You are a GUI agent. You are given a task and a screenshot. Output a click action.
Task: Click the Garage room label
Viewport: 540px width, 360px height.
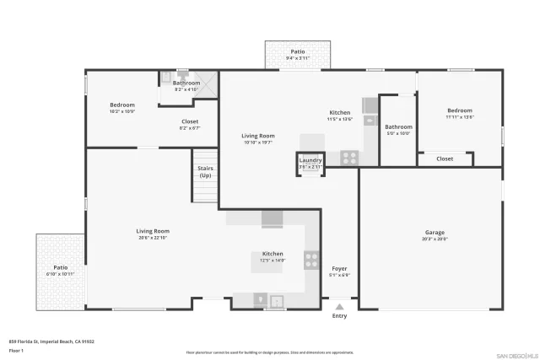[435, 233]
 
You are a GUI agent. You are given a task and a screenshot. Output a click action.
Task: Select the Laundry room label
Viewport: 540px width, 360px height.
[310, 160]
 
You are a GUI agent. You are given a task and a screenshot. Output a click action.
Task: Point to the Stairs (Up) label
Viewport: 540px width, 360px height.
[205, 171]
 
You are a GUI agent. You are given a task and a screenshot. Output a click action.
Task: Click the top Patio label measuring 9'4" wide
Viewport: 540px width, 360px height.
[298, 52]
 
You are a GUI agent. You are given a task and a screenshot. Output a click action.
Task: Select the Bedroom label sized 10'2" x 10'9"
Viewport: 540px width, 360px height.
[121, 105]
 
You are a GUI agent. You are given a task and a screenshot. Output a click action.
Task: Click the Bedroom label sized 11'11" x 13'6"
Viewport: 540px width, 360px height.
[460, 110]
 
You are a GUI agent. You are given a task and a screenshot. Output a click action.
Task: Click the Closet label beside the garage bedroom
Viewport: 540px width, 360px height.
[445, 159]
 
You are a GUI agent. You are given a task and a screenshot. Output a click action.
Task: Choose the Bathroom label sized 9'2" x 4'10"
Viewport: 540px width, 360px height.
[186, 83]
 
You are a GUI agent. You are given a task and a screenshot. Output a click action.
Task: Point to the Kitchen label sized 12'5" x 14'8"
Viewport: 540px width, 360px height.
[273, 254]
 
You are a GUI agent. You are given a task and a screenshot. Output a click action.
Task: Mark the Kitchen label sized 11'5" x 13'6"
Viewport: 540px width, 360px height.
[339, 113]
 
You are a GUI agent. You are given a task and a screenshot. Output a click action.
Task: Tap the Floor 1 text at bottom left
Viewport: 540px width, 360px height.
[16, 349]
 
